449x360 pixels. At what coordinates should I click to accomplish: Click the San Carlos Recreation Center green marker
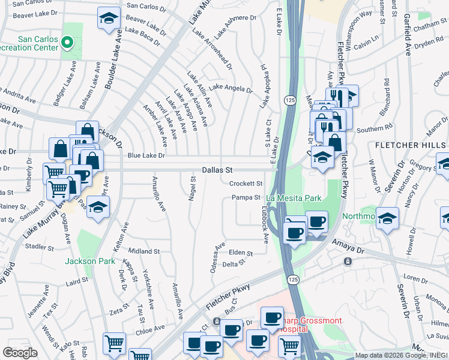[x=67, y=43]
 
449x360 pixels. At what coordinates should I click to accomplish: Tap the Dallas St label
[x=217, y=170]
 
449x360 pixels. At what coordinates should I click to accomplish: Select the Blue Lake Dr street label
[x=146, y=156]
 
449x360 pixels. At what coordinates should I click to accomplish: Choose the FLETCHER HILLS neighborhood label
[x=412, y=146]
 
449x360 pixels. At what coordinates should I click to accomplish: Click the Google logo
[x=20, y=353]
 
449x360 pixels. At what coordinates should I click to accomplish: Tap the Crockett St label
[x=246, y=184]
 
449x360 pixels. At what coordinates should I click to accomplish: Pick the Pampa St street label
[x=246, y=197]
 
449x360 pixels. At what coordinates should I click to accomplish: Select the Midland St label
[x=143, y=251]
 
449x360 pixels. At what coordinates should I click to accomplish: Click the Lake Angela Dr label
[x=231, y=88]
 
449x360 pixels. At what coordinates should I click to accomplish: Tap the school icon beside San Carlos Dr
[x=108, y=19]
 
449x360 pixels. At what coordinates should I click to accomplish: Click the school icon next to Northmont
[x=388, y=219]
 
